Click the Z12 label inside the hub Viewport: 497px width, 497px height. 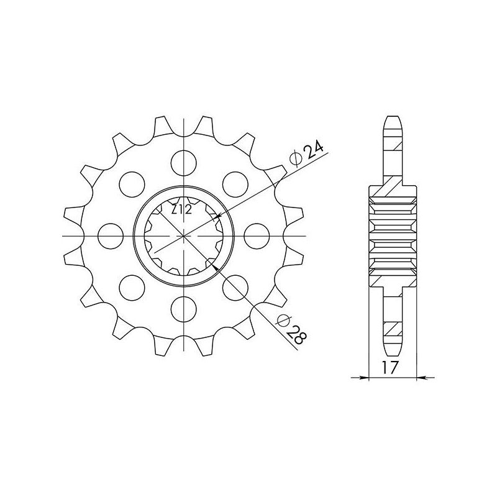181,209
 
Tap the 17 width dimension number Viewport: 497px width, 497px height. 390,368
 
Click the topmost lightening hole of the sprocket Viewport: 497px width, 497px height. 183,163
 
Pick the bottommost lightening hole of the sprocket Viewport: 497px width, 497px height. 183,309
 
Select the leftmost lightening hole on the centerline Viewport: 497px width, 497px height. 111,236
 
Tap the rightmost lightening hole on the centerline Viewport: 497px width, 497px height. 257,236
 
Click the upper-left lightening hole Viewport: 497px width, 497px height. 132,185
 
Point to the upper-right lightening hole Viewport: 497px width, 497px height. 235,185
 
